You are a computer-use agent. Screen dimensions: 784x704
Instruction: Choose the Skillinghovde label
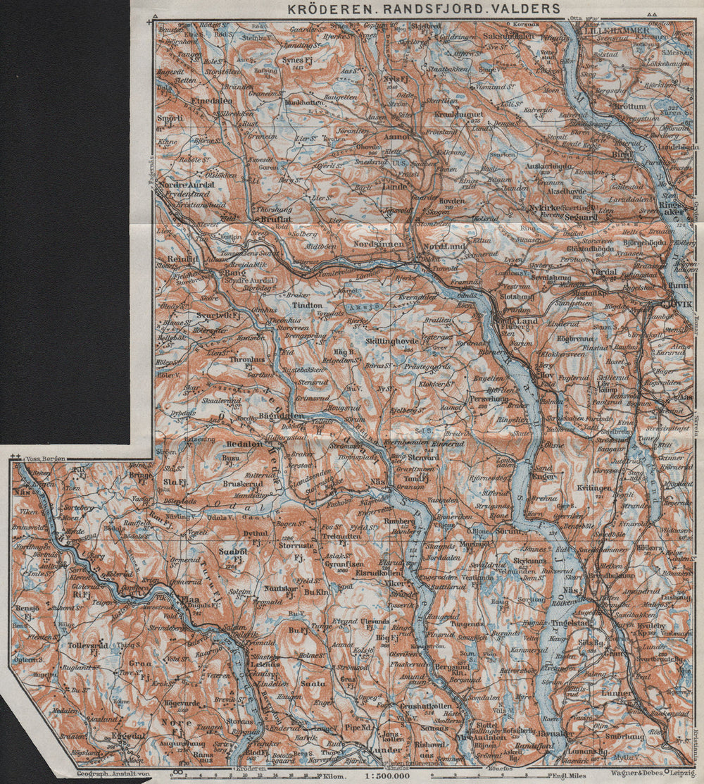coord(392,340)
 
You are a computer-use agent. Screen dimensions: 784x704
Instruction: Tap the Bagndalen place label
coord(281,416)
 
